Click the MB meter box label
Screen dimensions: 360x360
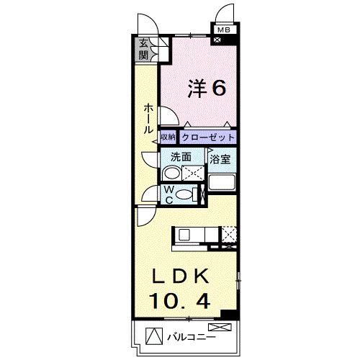coord(224,30)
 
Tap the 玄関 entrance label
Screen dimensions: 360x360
coord(143,49)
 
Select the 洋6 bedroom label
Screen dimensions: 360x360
coord(207,89)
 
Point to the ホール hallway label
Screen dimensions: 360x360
coord(148,119)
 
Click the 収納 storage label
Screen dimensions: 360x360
coord(168,138)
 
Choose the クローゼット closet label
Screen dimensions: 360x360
coord(208,138)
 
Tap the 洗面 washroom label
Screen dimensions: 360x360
coord(181,157)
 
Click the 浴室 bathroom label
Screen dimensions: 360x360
coord(220,159)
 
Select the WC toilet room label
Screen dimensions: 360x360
coord(169,194)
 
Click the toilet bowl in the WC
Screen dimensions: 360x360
coord(184,194)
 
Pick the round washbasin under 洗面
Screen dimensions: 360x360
coord(171,173)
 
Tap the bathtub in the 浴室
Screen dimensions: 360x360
coord(222,182)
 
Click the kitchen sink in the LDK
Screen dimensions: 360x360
coord(184,235)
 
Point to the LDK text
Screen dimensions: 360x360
coord(181,277)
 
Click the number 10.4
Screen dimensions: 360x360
coord(180,301)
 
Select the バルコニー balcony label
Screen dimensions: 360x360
coord(192,338)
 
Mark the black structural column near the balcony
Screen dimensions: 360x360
coord(229,315)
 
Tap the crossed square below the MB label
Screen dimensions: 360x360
coord(217,40)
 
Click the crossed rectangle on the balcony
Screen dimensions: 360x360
coord(220,327)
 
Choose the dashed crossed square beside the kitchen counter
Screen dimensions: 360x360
coord(229,235)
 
